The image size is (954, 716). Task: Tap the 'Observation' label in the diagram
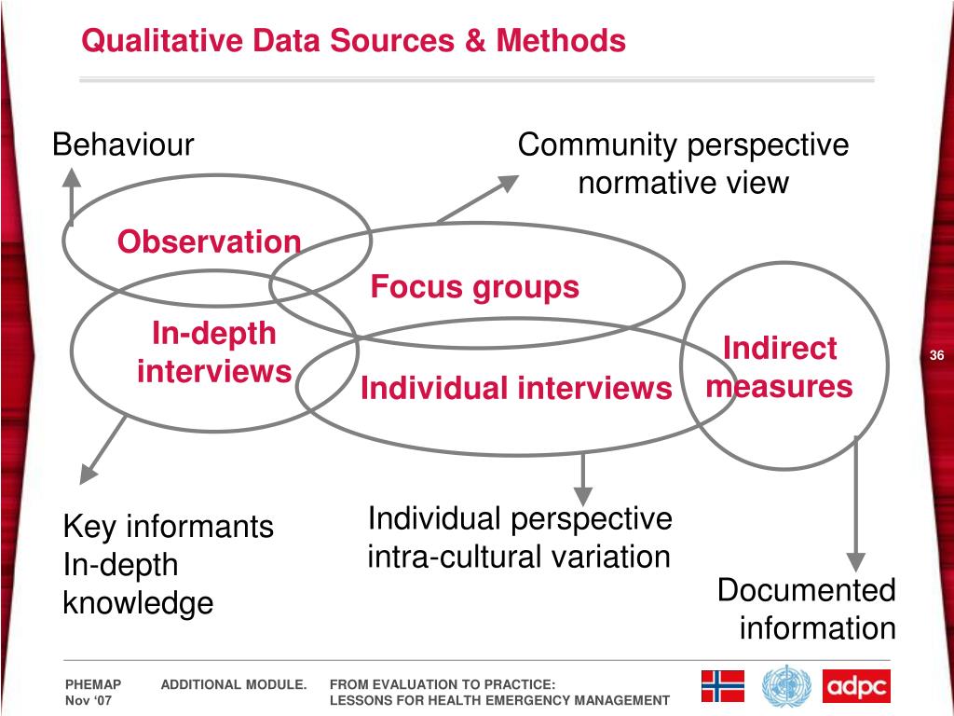click(209, 242)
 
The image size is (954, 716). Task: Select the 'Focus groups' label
click(474, 287)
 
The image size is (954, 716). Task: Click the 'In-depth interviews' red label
click(214, 352)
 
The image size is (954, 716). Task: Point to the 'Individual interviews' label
click(516, 388)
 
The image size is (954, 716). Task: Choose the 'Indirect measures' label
click(780, 367)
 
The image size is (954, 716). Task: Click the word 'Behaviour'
click(123, 145)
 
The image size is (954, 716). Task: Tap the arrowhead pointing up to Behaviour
click(71, 176)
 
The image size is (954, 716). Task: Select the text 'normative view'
click(683, 183)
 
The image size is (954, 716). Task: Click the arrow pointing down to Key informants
click(102, 451)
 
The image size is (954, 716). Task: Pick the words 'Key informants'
click(168, 528)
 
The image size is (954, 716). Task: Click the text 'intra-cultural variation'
click(519, 558)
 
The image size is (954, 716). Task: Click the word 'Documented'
click(806, 590)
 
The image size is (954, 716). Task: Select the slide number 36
click(936, 356)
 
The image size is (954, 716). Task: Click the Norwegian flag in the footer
click(723, 686)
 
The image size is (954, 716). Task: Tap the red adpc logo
click(856, 686)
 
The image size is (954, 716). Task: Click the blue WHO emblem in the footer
click(786, 687)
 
